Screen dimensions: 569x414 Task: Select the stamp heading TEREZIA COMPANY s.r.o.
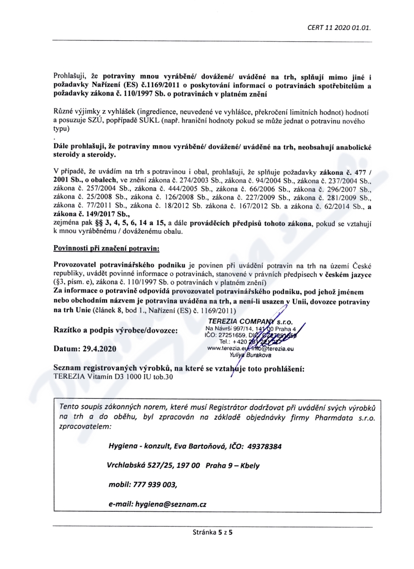(250, 321)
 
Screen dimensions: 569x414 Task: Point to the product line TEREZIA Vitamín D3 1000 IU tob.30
(114, 377)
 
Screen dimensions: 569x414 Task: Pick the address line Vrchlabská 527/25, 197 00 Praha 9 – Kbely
(183, 465)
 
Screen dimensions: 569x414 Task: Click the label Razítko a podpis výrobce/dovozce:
(115, 330)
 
